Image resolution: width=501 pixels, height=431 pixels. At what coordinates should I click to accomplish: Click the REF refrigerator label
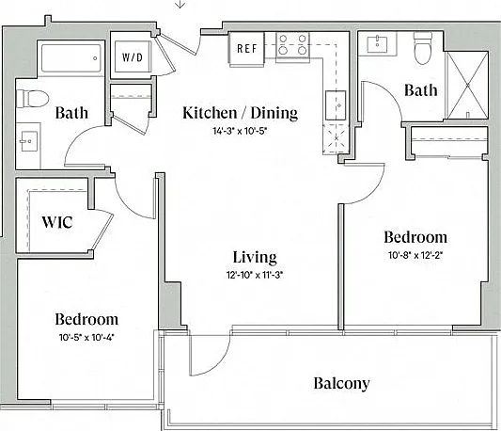(247, 48)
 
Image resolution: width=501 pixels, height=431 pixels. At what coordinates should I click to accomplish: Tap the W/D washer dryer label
(133, 57)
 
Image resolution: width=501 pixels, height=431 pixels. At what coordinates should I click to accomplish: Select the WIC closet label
(57, 222)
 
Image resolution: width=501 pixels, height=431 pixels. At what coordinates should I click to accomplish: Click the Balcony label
(341, 383)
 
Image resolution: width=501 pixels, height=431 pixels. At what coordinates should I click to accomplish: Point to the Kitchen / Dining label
(241, 113)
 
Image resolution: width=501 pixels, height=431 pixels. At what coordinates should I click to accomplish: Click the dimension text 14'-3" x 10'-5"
(240, 131)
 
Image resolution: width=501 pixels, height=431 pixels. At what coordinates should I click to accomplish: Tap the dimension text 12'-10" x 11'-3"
(255, 275)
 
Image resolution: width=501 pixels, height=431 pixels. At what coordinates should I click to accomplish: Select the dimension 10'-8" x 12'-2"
(415, 255)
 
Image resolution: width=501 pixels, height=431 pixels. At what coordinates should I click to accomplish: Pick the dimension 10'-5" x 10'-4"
(86, 337)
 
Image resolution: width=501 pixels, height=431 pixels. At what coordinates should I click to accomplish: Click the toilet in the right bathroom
(423, 48)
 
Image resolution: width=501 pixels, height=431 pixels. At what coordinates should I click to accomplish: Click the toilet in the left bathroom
(32, 99)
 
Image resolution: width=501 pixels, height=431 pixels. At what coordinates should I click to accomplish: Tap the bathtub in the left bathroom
(70, 58)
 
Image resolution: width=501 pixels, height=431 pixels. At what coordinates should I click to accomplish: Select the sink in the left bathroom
(28, 141)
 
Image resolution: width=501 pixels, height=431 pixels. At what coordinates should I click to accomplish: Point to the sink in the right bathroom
(377, 44)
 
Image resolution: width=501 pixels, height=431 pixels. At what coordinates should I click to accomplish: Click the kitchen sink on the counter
(336, 105)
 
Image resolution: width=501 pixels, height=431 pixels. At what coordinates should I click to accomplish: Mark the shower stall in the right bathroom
(467, 85)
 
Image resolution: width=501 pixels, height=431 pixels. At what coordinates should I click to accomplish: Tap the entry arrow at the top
(180, 4)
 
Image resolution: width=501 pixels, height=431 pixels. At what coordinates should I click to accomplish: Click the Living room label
(255, 258)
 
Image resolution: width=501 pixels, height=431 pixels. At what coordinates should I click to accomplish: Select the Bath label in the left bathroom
(71, 113)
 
